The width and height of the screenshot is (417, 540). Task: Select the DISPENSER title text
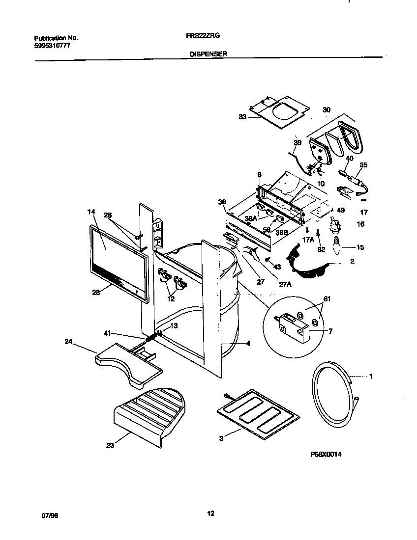(208, 54)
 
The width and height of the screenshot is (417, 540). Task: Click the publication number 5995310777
(53, 45)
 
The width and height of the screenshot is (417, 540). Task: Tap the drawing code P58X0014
(325, 455)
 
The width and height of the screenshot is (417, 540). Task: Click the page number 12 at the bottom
(210, 514)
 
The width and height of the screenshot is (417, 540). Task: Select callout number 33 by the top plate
(242, 117)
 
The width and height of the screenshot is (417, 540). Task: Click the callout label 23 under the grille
(110, 446)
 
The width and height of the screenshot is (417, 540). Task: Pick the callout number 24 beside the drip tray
(68, 342)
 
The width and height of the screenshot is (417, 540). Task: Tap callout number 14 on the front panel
(90, 212)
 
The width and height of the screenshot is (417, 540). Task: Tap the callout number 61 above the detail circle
(327, 298)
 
